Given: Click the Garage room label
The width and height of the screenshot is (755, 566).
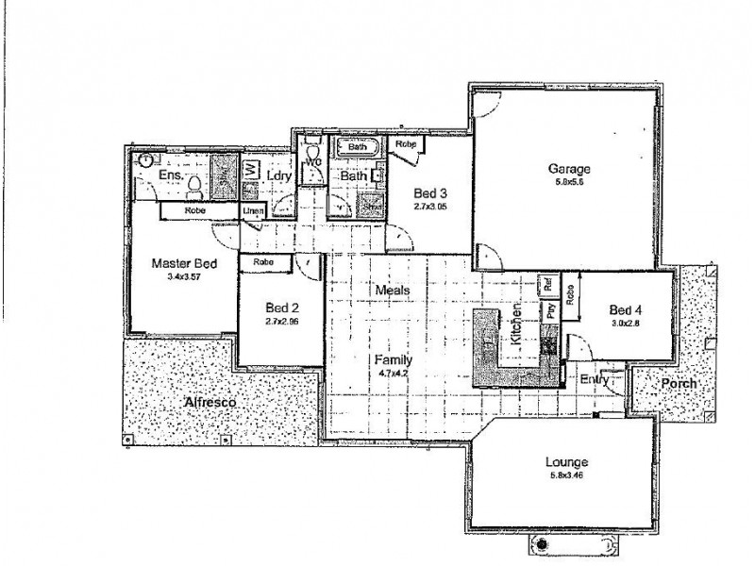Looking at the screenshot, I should [x=563, y=170].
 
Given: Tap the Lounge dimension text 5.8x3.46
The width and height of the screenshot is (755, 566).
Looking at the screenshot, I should [x=566, y=476].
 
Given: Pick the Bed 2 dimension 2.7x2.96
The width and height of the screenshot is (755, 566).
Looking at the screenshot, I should [x=282, y=321].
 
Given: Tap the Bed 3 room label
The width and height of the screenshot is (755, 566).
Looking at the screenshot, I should [x=429, y=194].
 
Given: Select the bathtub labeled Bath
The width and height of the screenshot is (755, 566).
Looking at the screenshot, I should [x=358, y=147].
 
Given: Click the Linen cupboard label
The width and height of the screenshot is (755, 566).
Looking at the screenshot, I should [x=252, y=211].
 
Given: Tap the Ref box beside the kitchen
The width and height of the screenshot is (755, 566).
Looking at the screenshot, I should [x=545, y=284].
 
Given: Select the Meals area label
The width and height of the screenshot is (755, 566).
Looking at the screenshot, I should [x=392, y=290].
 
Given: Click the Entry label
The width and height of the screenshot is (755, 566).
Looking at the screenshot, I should [x=595, y=379].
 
